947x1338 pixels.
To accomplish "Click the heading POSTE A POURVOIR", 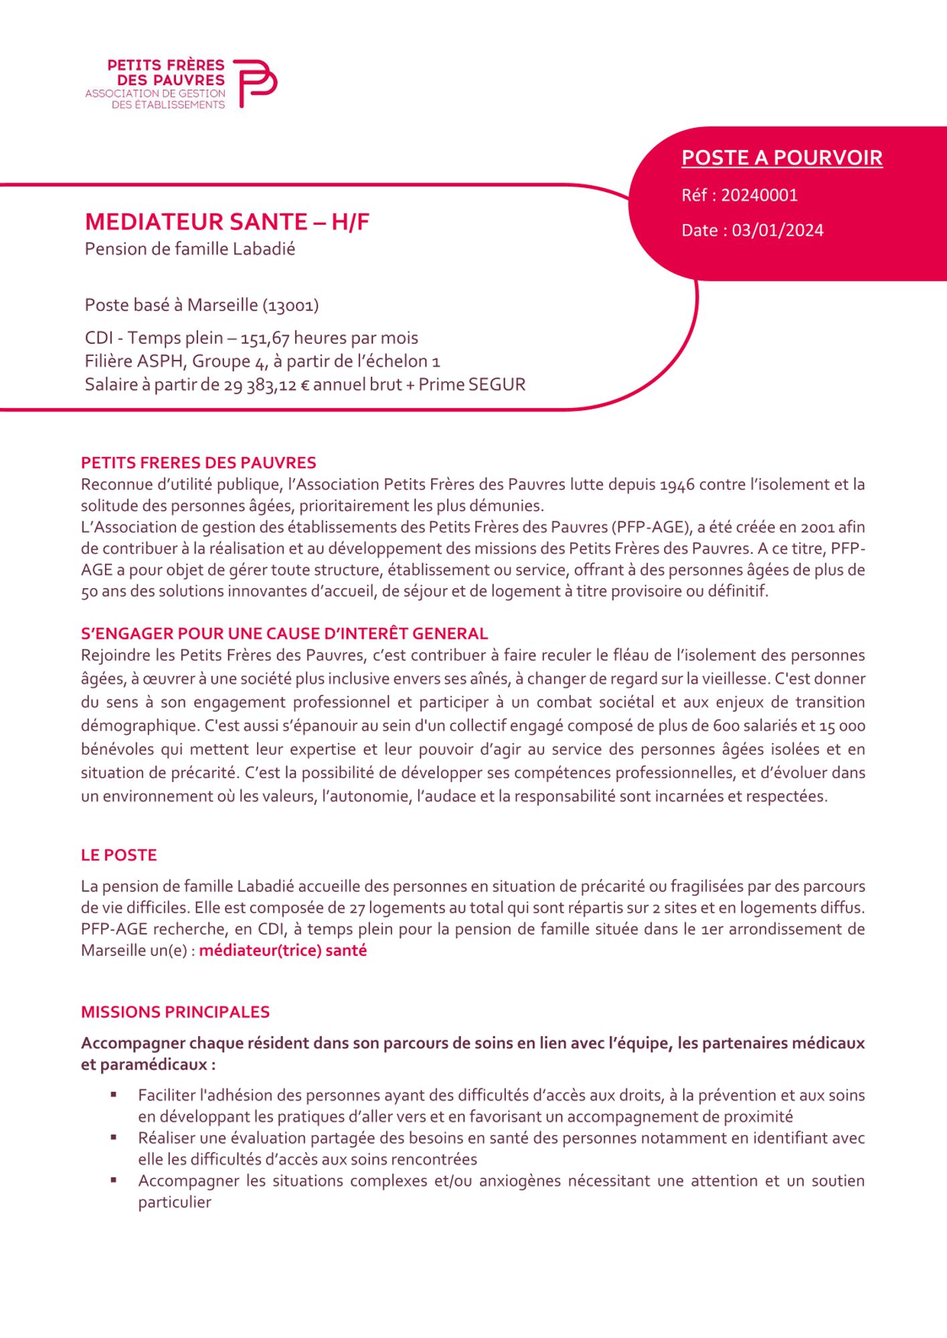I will [782, 158].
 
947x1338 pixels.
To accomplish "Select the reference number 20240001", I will [759, 195].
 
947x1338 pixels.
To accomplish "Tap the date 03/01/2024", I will [778, 231].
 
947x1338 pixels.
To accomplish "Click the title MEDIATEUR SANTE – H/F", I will [227, 221].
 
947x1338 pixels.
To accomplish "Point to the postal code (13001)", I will [290, 306].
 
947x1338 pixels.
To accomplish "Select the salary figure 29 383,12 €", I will [266, 385].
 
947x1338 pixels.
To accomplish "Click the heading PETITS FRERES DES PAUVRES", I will [198, 463].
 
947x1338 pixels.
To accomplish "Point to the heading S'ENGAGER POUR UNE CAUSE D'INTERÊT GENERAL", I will [284, 634].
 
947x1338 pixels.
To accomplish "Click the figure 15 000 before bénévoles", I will [842, 726].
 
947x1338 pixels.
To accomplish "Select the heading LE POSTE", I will [119, 855].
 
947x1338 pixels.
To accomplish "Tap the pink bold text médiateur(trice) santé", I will [282, 951].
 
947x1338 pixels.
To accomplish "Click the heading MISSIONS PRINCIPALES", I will [175, 1012].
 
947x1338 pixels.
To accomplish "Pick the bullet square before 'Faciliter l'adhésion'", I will [114, 1094].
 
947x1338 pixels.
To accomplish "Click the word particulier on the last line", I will [175, 1202].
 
